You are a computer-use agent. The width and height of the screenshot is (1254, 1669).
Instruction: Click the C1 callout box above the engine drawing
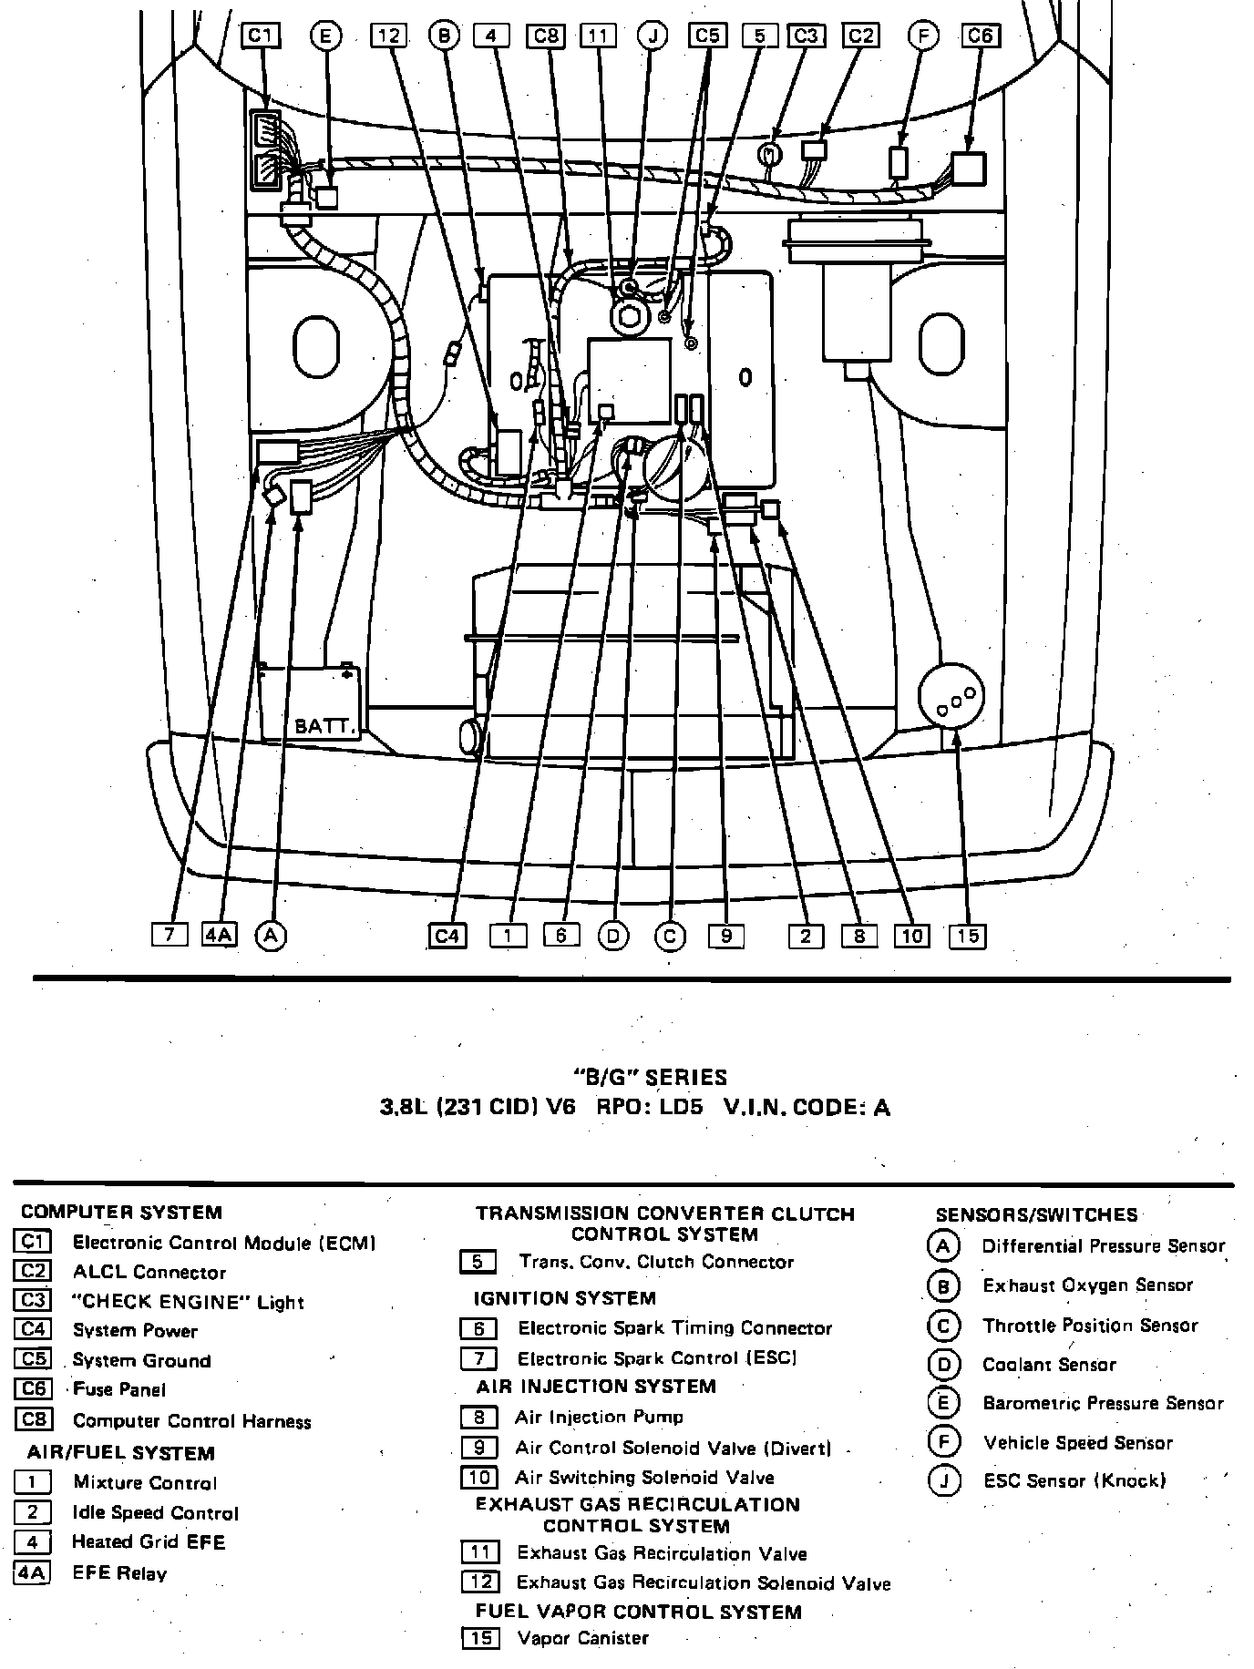[x=262, y=36]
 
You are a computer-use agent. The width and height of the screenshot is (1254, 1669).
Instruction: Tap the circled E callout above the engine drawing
[x=324, y=36]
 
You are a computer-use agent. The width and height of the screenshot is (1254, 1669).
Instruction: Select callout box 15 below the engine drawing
[x=968, y=936]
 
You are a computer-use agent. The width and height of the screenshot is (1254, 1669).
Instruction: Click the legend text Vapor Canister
[x=582, y=1638]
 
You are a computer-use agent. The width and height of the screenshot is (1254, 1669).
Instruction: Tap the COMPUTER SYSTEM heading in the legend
[x=121, y=1212]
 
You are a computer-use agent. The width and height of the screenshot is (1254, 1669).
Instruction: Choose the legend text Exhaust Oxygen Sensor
[x=1087, y=1285]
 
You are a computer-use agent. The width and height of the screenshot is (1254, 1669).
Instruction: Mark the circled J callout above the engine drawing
[x=653, y=36]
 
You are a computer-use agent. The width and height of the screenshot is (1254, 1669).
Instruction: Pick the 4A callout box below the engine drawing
[x=219, y=935]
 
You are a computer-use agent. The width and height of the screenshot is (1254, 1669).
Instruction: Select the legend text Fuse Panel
[x=119, y=1389]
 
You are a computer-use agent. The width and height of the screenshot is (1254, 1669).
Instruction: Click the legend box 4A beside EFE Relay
[x=33, y=1573]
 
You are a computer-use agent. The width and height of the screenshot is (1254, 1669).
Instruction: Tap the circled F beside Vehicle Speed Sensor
[x=942, y=1442]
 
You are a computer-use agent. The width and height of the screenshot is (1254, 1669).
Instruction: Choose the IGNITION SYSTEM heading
[x=564, y=1298]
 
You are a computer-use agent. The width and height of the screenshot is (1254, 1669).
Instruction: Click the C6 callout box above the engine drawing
[x=981, y=36]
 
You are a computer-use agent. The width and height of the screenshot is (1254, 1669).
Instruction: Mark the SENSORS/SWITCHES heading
[x=1036, y=1214]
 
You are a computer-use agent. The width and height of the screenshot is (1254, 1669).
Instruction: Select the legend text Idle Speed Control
[x=156, y=1513]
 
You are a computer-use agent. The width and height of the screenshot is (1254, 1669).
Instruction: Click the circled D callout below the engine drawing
[x=613, y=936]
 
